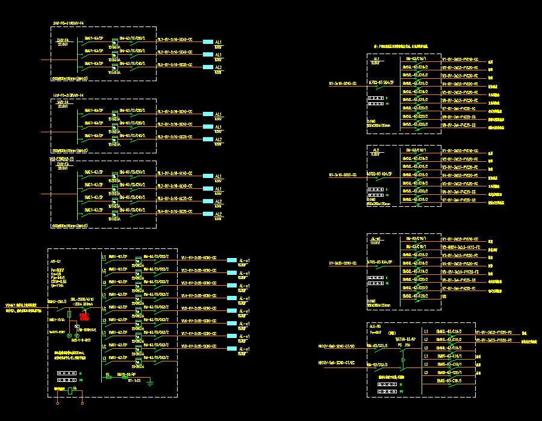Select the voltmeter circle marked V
coord(69,335)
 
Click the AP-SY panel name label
coord(56,262)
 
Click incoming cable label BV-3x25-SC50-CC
coord(343,263)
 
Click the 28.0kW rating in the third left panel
coord(61,168)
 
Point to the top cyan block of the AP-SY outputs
coord(231,260)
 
